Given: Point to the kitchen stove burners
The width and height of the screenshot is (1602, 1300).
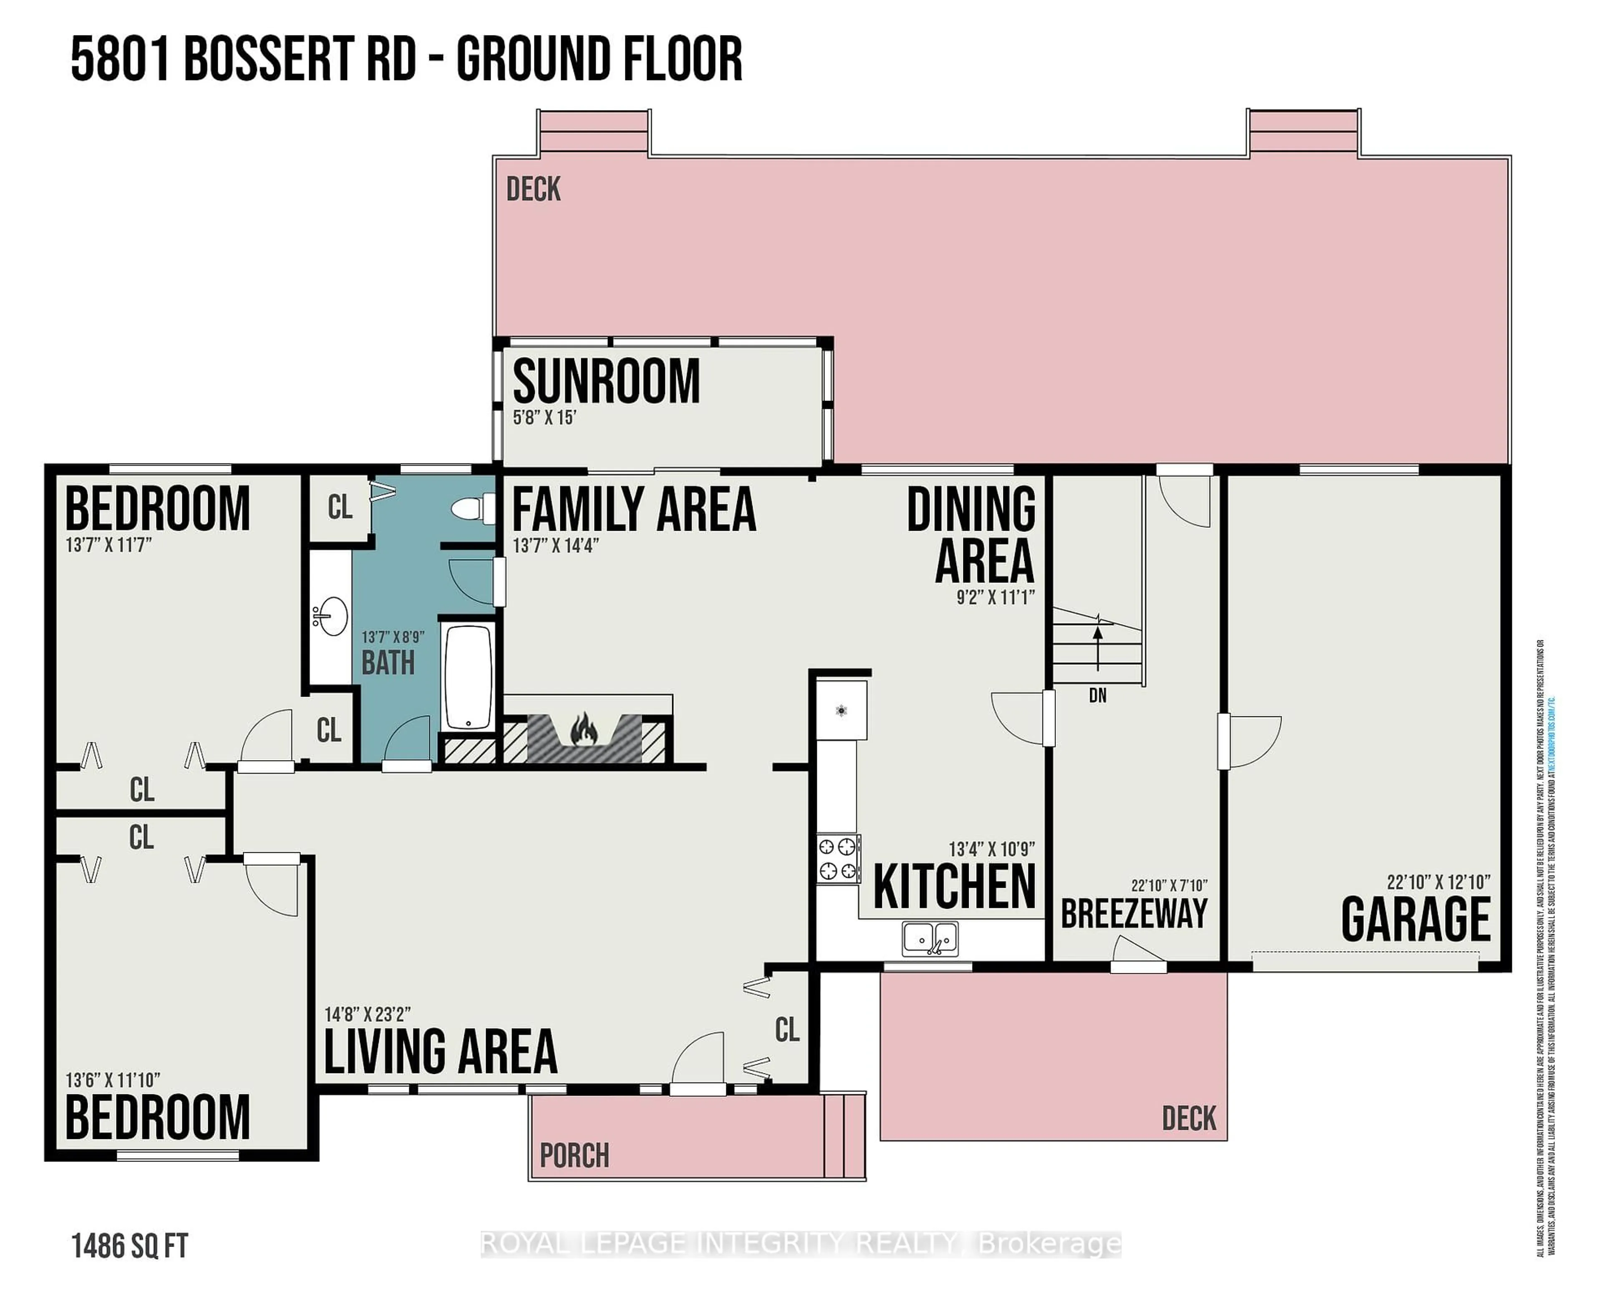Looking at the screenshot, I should (837, 858).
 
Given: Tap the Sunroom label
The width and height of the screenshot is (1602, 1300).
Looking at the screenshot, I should (606, 382).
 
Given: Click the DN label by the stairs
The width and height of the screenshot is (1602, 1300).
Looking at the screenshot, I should (1097, 695).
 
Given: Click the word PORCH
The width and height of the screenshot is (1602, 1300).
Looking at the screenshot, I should (574, 1156).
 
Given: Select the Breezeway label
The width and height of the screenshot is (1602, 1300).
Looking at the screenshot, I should (1134, 913).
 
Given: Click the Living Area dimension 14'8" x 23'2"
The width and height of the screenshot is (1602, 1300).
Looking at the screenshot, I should (368, 1015).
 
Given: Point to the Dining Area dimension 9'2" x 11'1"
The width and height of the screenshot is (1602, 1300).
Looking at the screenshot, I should (995, 597).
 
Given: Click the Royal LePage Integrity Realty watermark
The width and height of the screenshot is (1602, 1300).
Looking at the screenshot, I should (800, 1244).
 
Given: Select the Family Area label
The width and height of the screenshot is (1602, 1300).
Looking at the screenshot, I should (634, 509).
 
